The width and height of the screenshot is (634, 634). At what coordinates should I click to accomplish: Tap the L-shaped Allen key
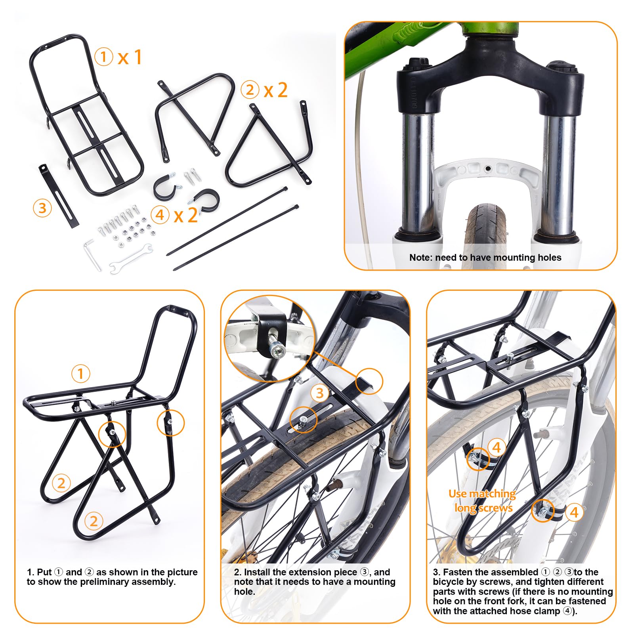(92, 254)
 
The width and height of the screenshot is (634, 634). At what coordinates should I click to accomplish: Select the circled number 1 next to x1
(104, 57)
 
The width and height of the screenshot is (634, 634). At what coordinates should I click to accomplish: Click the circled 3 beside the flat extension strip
(42, 208)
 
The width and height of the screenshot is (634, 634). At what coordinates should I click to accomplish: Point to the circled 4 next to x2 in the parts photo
(160, 215)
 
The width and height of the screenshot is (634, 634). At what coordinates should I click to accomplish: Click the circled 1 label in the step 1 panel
(80, 373)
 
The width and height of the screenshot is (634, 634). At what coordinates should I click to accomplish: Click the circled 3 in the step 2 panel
(319, 393)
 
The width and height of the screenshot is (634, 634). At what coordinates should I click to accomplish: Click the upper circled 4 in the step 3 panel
(497, 448)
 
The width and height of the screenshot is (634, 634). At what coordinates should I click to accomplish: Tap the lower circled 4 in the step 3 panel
(574, 512)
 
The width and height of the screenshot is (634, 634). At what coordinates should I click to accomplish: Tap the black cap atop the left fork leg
(418, 65)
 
